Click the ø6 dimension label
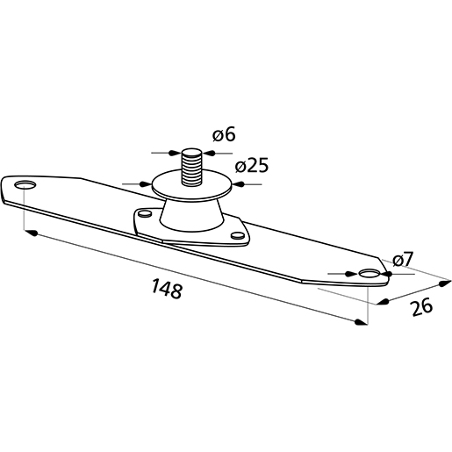[224, 136]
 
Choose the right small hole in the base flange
[235, 234]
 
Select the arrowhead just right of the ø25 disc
[236, 186]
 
